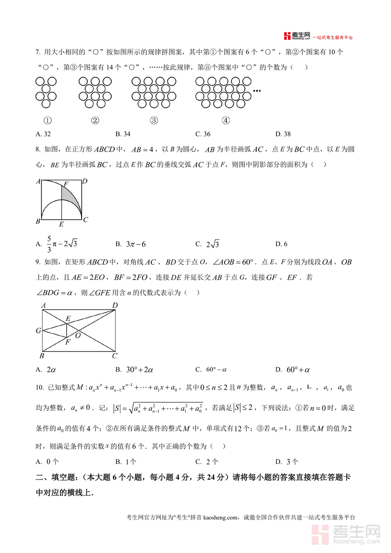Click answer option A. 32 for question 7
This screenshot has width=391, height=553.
click(x=43, y=134)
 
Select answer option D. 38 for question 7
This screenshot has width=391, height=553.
click(x=283, y=134)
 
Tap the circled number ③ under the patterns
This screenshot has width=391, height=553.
click(x=153, y=121)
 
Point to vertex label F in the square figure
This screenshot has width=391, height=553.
click(x=66, y=184)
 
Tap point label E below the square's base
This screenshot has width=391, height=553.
click(x=61, y=224)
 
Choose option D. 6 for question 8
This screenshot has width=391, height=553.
click(x=281, y=244)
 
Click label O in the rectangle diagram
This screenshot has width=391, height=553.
click(x=78, y=336)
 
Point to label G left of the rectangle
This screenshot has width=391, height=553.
click(x=38, y=331)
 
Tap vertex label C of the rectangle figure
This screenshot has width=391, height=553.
click(x=114, y=356)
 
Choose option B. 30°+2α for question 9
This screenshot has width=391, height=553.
click(x=134, y=370)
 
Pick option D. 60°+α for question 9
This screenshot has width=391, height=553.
click(x=292, y=370)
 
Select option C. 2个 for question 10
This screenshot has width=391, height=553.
click(x=207, y=462)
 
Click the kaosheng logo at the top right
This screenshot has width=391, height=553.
click(x=318, y=36)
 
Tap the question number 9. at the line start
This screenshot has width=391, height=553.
click(x=38, y=262)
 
